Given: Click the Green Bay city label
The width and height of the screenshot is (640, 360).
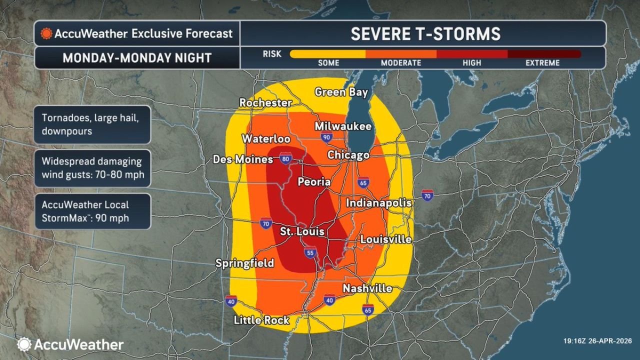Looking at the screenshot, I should (x=341, y=92).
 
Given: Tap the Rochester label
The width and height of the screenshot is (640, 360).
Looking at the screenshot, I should (x=265, y=102).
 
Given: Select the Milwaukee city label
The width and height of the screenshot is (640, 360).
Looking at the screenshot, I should (x=343, y=126).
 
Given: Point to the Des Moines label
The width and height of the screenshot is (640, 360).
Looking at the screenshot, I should (x=243, y=159).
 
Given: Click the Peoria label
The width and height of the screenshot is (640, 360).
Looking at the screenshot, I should (x=314, y=182).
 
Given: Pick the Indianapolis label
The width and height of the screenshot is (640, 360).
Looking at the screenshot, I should (x=378, y=203).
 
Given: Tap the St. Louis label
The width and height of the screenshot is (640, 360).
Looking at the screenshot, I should (x=301, y=232).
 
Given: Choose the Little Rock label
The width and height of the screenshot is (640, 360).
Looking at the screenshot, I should (x=261, y=320).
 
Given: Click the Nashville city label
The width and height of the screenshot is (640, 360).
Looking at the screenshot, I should (x=367, y=288).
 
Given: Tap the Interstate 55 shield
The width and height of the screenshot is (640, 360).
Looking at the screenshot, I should (x=310, y=253).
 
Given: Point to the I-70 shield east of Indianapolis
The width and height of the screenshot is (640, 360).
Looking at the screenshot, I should (x=427, y=194).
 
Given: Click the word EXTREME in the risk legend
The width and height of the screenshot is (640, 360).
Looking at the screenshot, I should (x=542, y=63).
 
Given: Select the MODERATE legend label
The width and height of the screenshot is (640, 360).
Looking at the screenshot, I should (x=401, y=63).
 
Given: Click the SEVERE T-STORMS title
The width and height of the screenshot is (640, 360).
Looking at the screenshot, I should (x=425, y=33).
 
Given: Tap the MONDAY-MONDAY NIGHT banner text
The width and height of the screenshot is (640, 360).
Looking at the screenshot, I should (x=137, y=58).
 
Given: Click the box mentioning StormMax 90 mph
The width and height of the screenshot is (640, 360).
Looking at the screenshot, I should (x=92, y=211).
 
